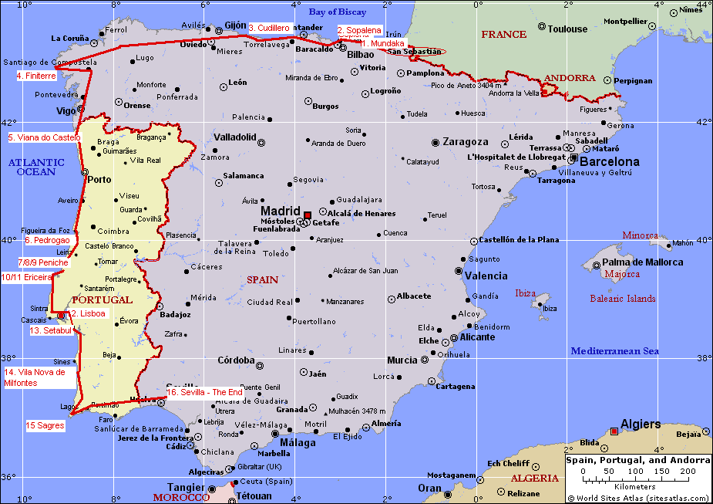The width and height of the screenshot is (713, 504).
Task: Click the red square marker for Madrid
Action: [x=307, y=215]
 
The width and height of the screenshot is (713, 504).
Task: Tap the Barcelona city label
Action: [x=609, y=162]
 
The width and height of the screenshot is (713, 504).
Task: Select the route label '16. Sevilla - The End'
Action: [x=204, y=392]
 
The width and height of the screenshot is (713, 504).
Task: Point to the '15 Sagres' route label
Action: [x=45, y=425]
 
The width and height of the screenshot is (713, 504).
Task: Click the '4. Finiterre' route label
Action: [x=36, y=76]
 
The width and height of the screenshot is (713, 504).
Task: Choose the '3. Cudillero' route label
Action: [x=269, y=28]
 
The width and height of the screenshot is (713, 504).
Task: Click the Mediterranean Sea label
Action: [x=614, y=351]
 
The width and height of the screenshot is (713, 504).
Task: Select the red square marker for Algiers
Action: [x=614, y=431]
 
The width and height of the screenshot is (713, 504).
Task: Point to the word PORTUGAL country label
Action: [x=102, y=299]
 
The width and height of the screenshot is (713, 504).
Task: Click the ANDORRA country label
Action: [x=569, y=78]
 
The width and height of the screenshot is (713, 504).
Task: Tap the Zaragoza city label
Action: [x=465, y=142]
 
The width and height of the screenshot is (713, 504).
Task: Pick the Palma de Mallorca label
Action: [x=642, y=262]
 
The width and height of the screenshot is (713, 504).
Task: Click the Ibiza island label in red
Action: [x=525, y=293]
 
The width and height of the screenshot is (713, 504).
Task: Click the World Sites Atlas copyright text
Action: [x=637, y=498]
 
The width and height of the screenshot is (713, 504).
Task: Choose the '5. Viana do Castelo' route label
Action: [x=44, y=137]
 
